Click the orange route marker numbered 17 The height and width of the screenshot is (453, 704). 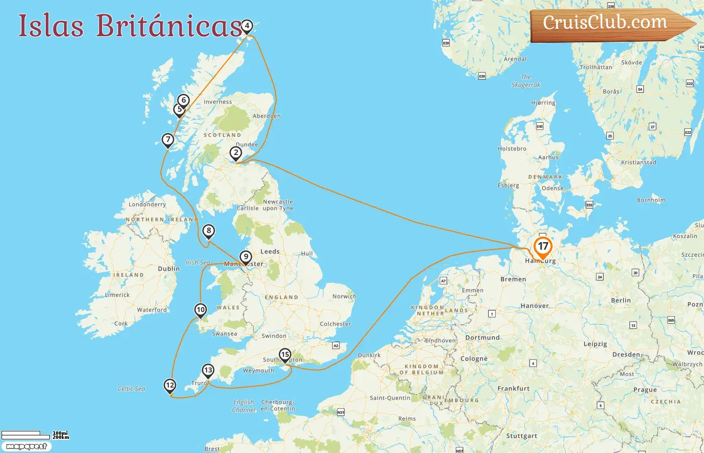point(543,247)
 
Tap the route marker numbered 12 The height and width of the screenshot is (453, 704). point(170,386)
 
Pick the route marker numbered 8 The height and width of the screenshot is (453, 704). point(208,232)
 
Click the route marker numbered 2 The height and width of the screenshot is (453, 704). point(236,153)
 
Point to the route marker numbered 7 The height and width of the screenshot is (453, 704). point(168,140)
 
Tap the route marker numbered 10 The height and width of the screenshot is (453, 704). point(201,310)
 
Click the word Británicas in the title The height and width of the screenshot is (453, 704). point(169,25)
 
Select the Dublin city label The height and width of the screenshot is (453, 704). point(168,269)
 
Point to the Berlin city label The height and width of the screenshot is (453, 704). point(621,300)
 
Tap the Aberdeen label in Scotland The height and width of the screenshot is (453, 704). point(267,116)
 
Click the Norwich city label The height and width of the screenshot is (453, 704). point(344,296)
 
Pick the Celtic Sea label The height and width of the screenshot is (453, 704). point(131,389)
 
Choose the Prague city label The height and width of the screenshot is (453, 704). point(645,390)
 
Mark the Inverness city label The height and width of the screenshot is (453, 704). point(218,102)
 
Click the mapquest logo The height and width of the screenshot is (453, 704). point(26,446)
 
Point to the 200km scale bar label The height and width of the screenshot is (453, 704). point(61,437)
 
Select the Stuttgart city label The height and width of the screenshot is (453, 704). point(521,436)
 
